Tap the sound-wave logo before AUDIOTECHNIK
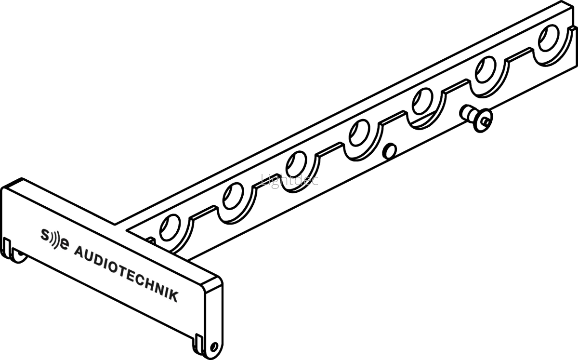54,239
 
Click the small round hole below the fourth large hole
390,151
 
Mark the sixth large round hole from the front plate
486,70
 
